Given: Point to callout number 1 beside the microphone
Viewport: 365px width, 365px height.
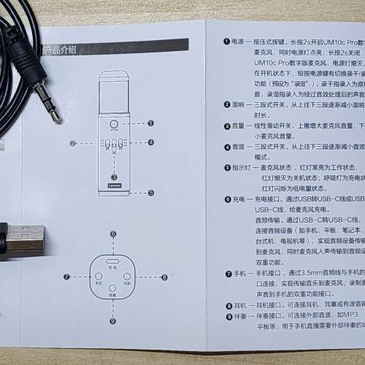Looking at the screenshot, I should pos(150,123).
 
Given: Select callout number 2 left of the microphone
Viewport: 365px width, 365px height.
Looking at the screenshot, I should pos(74,143).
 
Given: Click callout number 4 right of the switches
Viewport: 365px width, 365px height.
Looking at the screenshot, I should pos(150,142).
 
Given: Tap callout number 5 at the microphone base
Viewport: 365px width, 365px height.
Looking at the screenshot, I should pos(150,193).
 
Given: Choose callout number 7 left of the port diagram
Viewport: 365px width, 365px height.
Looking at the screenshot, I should pos(66,277).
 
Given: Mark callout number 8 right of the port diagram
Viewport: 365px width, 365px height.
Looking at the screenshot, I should pos(164,277).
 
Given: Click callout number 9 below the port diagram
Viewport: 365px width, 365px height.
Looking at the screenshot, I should pos(113,320).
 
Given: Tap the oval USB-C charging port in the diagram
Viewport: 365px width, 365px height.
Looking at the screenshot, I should pos(113,261).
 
